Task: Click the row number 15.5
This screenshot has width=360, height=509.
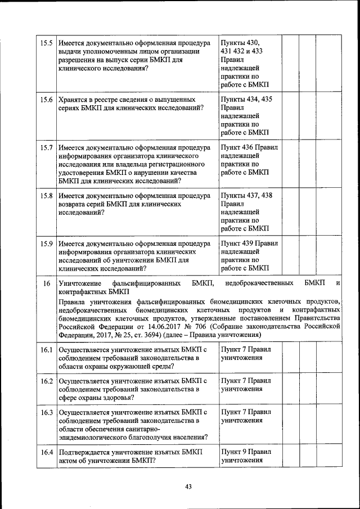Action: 47,43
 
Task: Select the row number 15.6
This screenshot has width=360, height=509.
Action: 47,100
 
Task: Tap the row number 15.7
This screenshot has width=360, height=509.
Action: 47,148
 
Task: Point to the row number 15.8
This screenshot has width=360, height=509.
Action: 47,196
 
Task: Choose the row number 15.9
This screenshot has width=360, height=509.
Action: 47,244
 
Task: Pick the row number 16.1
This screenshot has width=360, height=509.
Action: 47,349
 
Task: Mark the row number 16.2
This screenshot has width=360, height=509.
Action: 47,381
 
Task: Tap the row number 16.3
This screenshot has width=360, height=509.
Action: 47,412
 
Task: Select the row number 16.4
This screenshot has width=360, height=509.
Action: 47,452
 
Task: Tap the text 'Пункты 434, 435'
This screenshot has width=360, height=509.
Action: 247,100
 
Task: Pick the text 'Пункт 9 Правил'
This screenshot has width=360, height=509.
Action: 246,452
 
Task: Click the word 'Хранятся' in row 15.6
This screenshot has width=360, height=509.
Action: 75,100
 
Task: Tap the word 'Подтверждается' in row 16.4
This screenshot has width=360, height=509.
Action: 88,452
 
